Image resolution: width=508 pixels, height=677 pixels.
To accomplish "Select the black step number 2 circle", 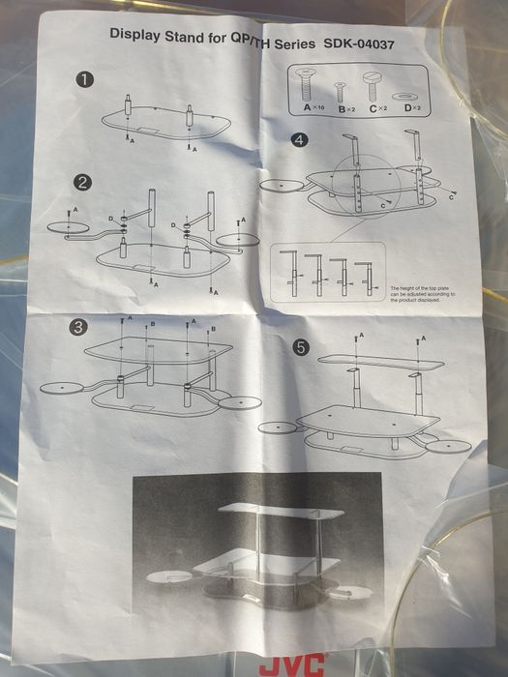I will click(x=84, y=182).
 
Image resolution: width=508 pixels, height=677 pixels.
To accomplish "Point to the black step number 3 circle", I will click(x=77, y=328).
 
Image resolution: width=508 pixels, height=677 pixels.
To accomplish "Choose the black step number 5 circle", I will click(x=301, y=349).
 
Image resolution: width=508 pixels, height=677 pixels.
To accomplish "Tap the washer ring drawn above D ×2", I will click(x=411, y=95).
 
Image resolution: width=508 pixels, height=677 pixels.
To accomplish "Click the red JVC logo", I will click(x=289, y=666).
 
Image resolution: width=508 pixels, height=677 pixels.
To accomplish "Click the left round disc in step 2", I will click(x=66, y=228).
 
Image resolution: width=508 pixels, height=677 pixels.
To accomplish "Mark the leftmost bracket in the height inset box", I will click(x=290, y=273).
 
